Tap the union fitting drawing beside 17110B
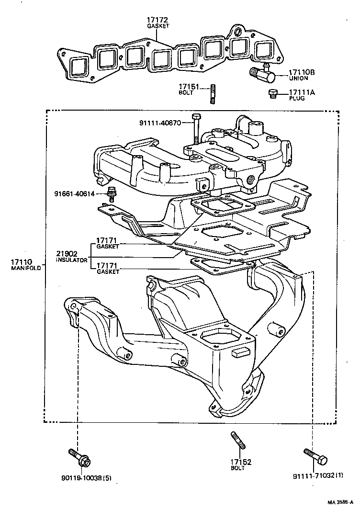pyautogui.click(x=260, y=73)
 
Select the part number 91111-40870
pyautogui.click(x=160, y=123)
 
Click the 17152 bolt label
pyautogui.click(x=238, y=462)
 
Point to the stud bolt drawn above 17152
pyautogui.click(x=238, y=440)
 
